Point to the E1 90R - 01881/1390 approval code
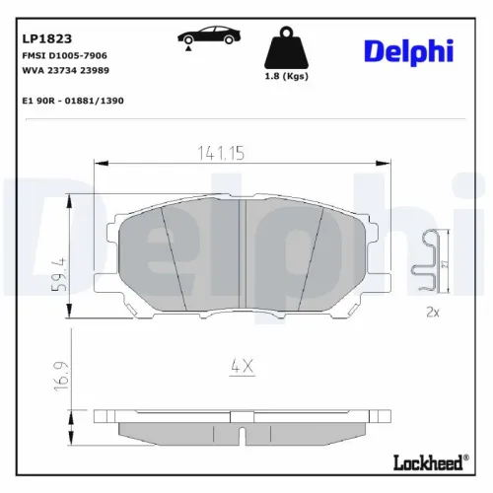[72, 101]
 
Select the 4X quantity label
[243, 365]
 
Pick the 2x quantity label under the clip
[431, 312]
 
